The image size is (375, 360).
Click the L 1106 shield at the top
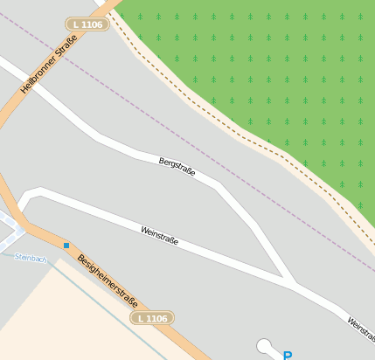point(86,24)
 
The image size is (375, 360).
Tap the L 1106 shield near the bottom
point(151,319)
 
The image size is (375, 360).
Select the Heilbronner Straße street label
point(50,63)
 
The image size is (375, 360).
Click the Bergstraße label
point(176,168)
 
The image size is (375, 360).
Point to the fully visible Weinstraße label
point(159,235)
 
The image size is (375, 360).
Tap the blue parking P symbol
point(288,355)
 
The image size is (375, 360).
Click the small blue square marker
point(66,246)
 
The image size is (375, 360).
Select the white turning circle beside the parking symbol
point(264,347)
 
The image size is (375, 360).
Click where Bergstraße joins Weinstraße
point(288,281)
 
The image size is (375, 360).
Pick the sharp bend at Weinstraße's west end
point(26,193)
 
